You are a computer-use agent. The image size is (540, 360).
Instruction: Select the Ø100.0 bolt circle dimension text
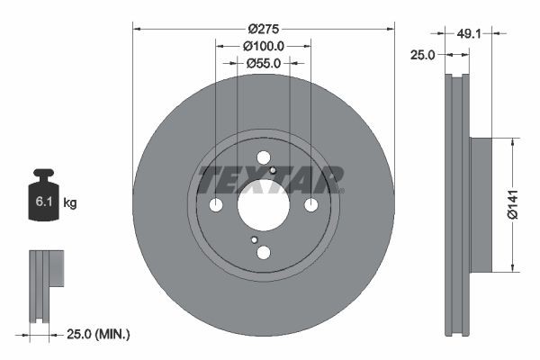263,45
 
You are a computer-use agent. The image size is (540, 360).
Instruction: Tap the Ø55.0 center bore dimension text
263,63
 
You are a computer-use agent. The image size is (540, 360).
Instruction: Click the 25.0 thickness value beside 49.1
423,55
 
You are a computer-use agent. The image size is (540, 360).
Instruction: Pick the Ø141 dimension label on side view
511,203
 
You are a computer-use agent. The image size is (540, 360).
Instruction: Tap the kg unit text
69,203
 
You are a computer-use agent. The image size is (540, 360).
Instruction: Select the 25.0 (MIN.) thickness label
99,335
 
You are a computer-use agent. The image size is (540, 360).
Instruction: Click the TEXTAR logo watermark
270,177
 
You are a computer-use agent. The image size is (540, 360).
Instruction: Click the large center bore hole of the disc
263,205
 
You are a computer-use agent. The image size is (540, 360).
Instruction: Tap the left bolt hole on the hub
216,205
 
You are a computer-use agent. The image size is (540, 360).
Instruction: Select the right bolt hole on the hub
310,205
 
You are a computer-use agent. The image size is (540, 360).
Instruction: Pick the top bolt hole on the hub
263,157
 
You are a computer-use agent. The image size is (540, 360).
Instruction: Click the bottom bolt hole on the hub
263,253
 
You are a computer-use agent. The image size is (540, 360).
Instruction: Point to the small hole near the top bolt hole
272,168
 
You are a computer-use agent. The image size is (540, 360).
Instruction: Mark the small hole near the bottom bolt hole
255,240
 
